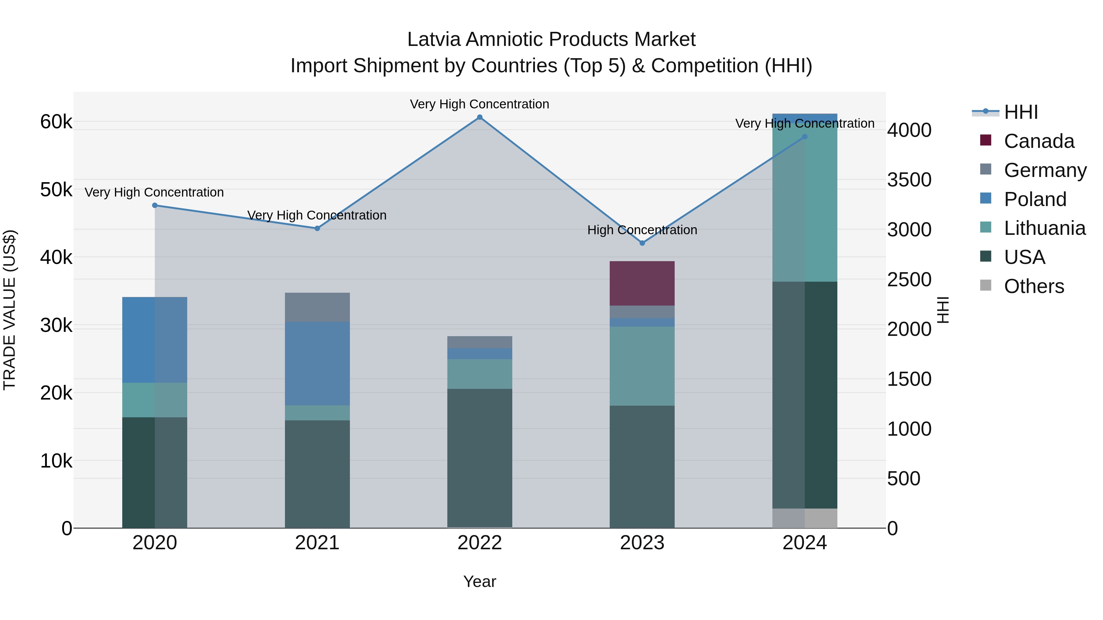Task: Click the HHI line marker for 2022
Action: coord(479,117)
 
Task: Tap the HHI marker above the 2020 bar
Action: coord(155,205)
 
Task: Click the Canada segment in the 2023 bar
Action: coord(642,283)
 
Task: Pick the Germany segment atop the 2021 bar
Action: coord(317,307)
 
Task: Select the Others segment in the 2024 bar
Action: coord(805,518)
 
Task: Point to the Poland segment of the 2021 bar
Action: coord(317,364)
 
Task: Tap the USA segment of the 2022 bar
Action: coord(479,458)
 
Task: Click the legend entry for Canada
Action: coord(1039,141)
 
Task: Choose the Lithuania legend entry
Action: coord(1044,228)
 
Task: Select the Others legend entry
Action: coord(1034,286)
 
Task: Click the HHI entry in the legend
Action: coord(1021,112)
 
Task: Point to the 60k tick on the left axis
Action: coord(56,122)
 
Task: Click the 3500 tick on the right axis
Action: coord(909,180)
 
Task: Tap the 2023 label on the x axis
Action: coord(642,543)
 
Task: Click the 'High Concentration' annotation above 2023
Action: coord(642,230)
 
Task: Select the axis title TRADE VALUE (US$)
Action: coord(9,310)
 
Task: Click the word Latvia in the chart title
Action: coord(433,39)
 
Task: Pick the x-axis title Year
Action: coord(479,581)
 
